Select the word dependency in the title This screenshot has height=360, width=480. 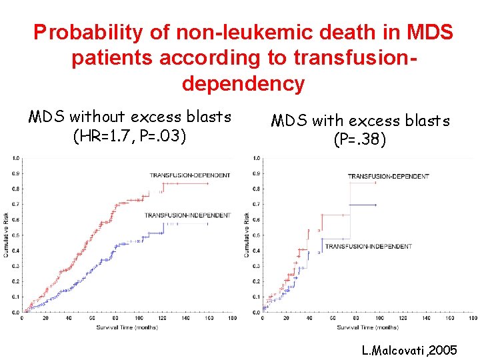(x=243, y=84)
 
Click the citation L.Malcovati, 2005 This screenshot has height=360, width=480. (x=409, y=349)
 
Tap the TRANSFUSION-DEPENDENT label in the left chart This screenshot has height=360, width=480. (x=190, y=175)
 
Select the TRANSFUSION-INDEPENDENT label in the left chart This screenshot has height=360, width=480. (x=187, y=215)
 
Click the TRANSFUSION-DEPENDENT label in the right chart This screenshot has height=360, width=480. (x=389, y=176)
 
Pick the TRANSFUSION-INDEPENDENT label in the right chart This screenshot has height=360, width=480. (x=368, y=247)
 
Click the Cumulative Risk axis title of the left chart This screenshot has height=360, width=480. (x=6, y=235)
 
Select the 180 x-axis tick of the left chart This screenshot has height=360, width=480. (x=232, y=319)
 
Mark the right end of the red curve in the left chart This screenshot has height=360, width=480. (x=208, y=183)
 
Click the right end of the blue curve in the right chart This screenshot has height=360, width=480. (x=377, y=205)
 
